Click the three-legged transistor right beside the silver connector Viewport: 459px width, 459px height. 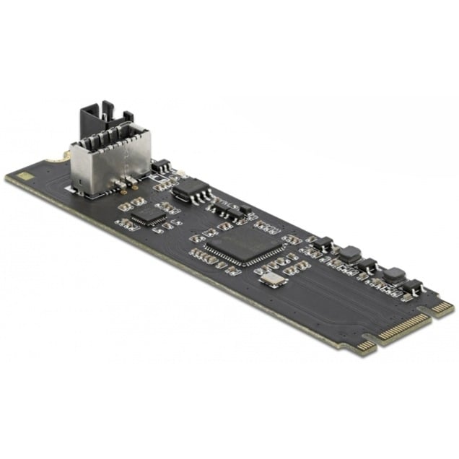(161, 167)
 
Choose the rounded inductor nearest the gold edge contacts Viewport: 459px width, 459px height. (393, 274)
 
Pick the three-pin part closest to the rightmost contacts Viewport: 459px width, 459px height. (414, 286)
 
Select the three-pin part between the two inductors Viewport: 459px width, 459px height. (368, 264)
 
